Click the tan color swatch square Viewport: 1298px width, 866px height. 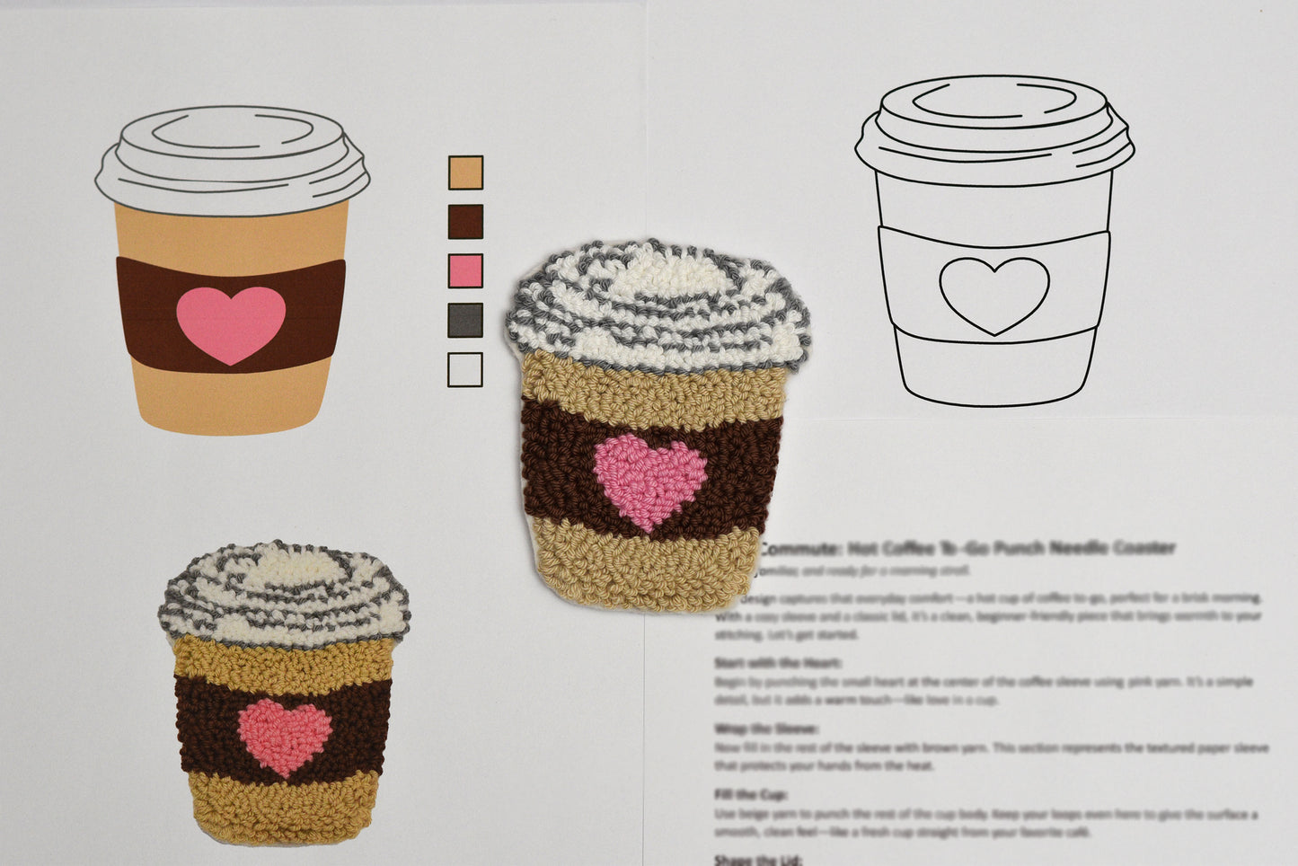(x=465, y=172)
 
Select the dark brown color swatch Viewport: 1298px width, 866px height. (x=465, y=222)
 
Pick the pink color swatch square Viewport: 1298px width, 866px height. (x=465, y=270)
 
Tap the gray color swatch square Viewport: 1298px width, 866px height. (x=465, y=320)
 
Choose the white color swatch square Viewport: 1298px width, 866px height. (x=465, y=369)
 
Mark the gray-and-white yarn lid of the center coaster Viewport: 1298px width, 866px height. (x=658, y=305)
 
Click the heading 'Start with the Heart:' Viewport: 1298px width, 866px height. (x=778, y=663)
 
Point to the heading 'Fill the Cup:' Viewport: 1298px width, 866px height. (x=752, y=795)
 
